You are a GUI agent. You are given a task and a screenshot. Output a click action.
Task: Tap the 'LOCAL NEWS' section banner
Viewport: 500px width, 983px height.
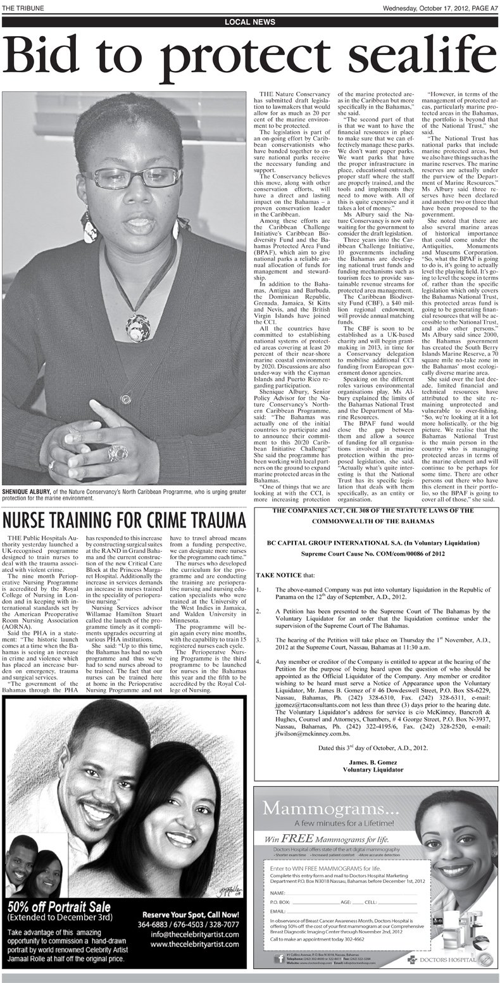click(249, 22)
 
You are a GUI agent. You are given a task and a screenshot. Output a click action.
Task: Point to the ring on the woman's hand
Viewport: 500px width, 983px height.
click(116, 452)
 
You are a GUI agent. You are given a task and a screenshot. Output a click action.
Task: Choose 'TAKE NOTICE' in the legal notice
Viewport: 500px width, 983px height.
click(276, 574)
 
